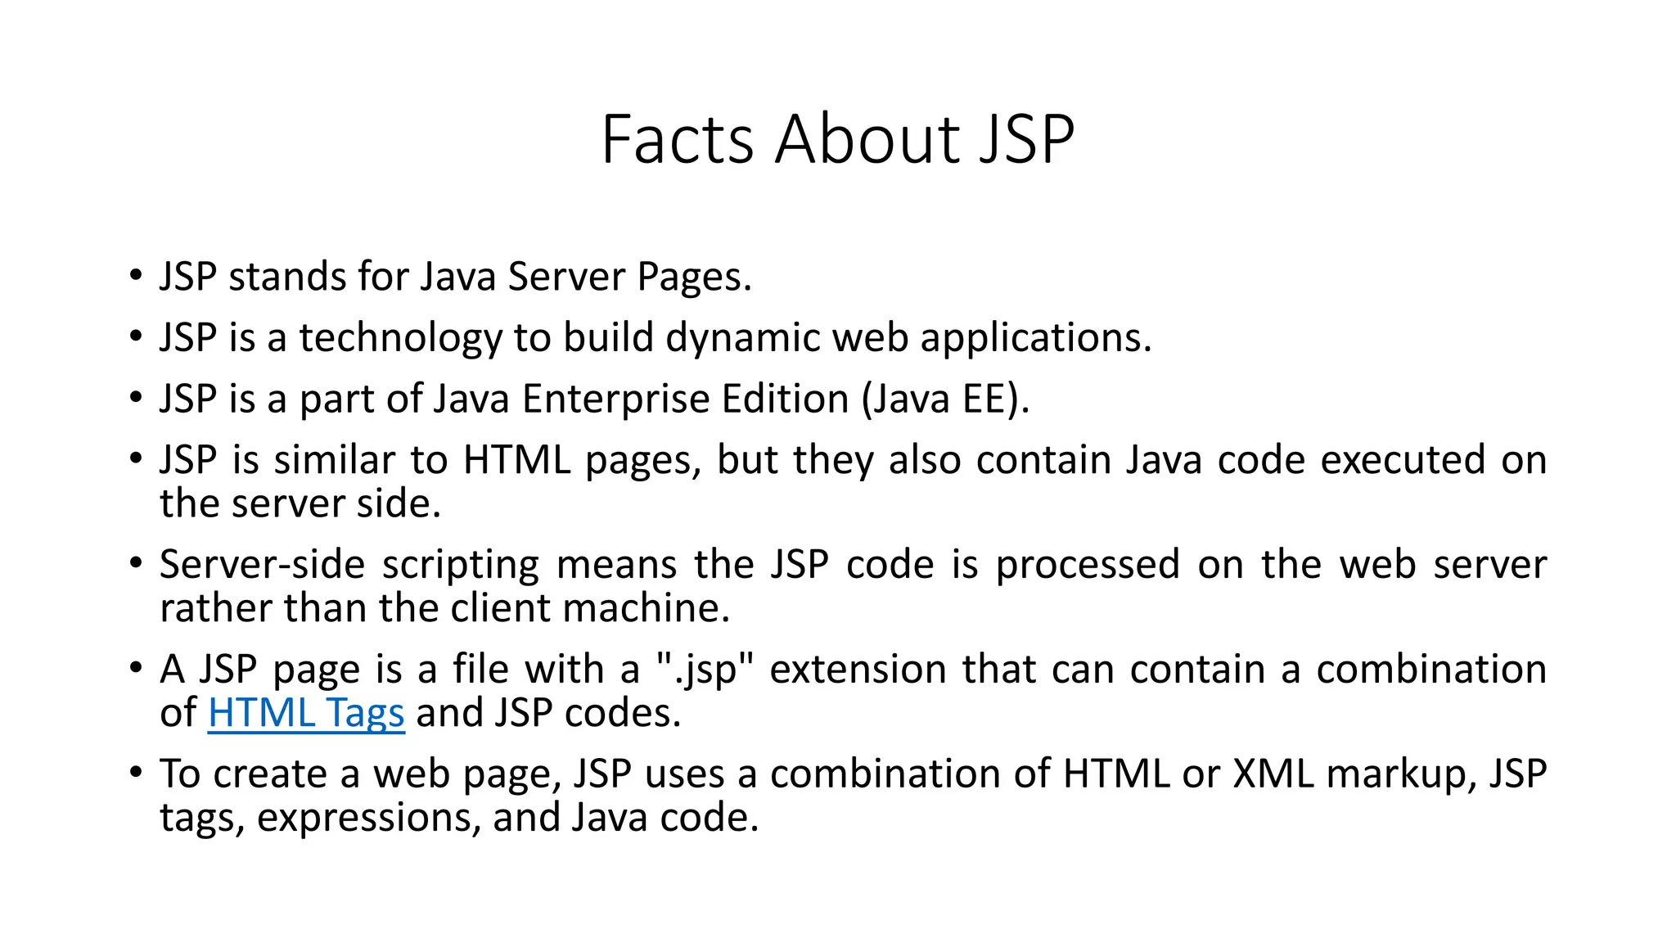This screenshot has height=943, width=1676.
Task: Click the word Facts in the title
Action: pos(677,140)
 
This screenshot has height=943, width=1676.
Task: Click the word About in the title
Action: pos(867,140)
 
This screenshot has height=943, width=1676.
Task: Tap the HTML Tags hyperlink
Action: pos(306,713)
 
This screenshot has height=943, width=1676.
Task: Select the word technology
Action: pos(400,338)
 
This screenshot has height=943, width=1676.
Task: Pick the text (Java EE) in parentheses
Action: pos(944,399)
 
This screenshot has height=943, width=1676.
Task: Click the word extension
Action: pos(858,670)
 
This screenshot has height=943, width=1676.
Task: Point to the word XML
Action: pos(1273,774)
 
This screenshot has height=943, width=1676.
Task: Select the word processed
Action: pos(1088,565)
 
